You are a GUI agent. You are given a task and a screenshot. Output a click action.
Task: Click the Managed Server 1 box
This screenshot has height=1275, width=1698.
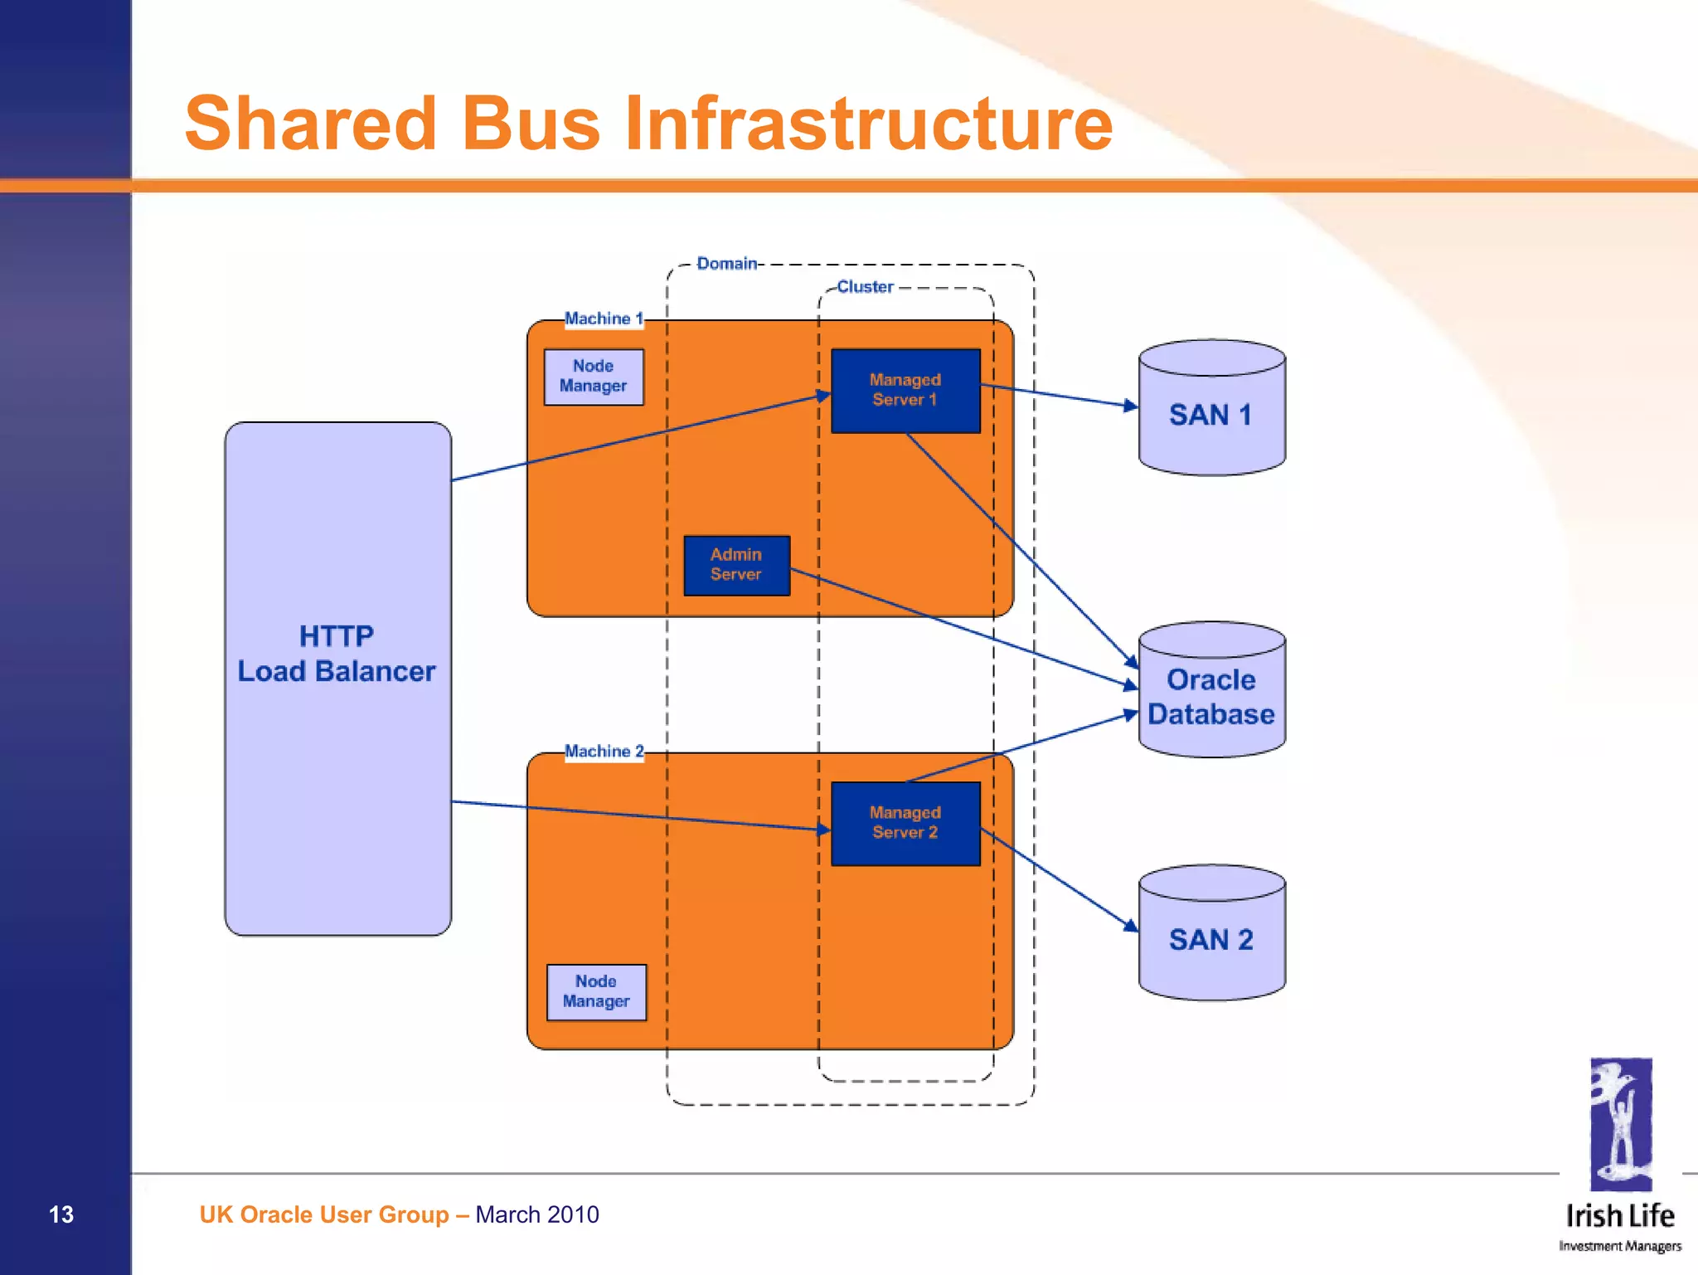pos(905,391)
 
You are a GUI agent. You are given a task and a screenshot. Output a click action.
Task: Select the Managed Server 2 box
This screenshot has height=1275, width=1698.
pos(905,824)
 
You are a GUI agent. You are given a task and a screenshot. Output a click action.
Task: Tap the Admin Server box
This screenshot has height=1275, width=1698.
pos(736,565)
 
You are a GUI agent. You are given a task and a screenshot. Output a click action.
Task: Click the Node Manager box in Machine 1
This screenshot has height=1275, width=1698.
pos(594,377)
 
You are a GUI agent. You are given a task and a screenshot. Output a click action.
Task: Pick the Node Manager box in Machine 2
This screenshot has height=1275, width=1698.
pos(596,992)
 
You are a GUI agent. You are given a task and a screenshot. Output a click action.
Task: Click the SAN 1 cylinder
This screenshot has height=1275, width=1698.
pos(1211,415)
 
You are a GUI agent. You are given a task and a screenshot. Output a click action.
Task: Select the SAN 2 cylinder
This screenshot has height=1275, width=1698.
pos(1211,939)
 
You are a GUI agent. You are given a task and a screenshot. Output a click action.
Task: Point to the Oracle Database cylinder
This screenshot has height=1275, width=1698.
pos(1211,697)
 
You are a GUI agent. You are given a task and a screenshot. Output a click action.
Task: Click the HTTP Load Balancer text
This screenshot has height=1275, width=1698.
pos(337,655)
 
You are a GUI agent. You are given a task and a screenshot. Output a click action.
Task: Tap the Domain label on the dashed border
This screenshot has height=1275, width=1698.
pos(726,264)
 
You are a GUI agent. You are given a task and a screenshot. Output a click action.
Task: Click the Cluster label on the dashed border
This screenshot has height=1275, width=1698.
pos(865,287)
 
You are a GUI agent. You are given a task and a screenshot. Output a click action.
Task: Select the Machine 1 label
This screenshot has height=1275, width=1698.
pos(604,319)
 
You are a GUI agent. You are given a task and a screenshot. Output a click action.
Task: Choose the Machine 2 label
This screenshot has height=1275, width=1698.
pos(604,752)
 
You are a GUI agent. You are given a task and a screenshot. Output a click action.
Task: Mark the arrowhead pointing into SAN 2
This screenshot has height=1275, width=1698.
pos(1131,925)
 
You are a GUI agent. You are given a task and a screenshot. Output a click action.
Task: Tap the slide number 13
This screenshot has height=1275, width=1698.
pos(61,1214)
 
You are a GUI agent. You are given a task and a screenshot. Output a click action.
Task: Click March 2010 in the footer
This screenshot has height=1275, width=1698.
pos(537,1214)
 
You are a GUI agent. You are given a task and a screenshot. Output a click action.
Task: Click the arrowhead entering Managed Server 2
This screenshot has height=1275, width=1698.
pos(823,829)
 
